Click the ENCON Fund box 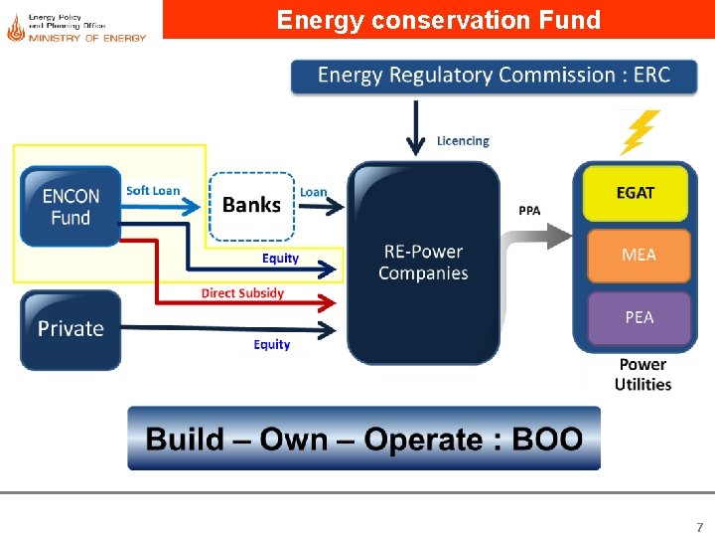[x=70, y=207]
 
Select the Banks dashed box [x=252, y=206]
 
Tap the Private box [x=71, y=329]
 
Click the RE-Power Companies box [x=423, y=262]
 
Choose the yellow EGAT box [x=635, y=193]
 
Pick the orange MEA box [x=638, y=255]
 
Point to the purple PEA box [x=639, y=317]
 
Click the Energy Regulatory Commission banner [x=494, y=76]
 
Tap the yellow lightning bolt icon [x=639, y=131]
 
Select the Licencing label [x=463, y=141]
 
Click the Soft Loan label [x=153, y=191]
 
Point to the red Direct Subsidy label [x=242, y=293]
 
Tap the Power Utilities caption [x=643, y=374]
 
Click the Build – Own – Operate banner [x=363, y=439]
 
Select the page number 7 [x=699, y=527]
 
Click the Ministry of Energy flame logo [x=15, y=28]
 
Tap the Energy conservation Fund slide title [x=438, y=20]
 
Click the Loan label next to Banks [x=314, y=192]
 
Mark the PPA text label [x=530, y=211]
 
